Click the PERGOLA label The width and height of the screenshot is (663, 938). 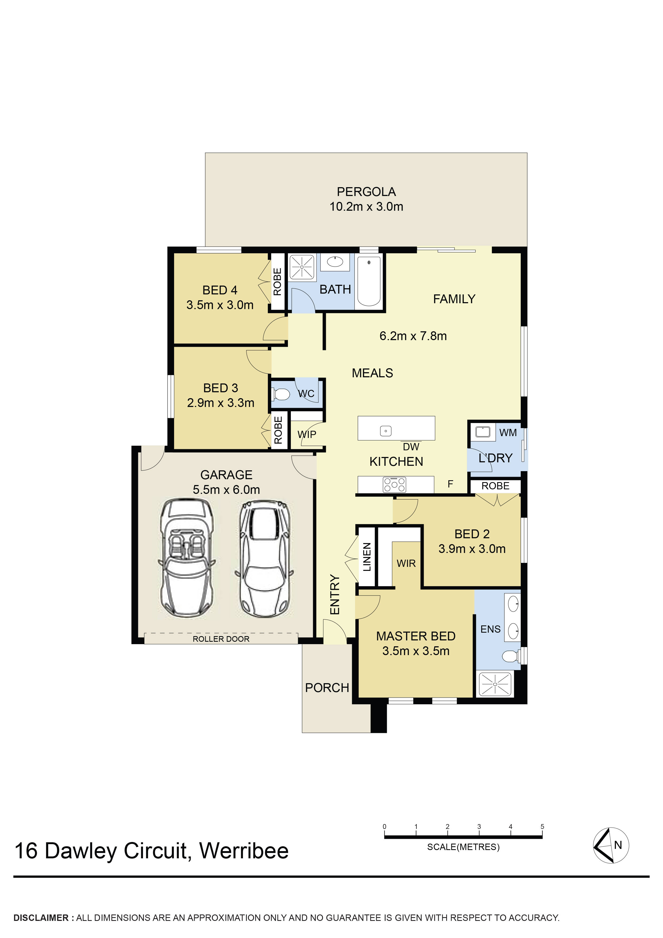(366, 192)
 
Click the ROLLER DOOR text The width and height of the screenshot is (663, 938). (221, 639)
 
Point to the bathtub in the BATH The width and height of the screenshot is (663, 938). (369, 281)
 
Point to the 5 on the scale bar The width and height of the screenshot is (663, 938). (542, 826)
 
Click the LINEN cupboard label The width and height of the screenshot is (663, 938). (367, 557)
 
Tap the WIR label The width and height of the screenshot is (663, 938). (406, 563)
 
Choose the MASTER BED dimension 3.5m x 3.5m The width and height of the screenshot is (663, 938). (416, 651)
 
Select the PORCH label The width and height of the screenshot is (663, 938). (327, 687)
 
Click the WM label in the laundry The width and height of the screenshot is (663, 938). (508, 432)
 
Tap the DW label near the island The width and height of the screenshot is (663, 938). (411, 447)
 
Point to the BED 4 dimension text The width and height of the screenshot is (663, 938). (220, 305)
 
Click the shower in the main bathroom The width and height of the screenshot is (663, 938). (302, 267)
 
